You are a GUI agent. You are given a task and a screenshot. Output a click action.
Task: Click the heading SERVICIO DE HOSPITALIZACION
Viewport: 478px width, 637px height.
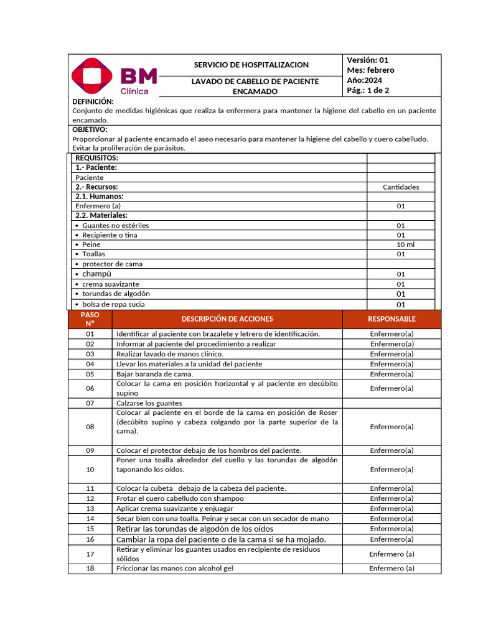(251, 65)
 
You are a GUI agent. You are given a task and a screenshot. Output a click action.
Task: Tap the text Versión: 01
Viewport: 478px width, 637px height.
(367, 60)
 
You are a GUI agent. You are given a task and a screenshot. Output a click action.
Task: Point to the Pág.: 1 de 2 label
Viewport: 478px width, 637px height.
(368, 90)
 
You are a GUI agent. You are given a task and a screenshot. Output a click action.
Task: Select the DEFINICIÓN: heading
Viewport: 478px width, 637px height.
(93, 101)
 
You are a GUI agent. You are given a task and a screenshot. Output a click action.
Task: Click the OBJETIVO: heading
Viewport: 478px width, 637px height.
(90, 129)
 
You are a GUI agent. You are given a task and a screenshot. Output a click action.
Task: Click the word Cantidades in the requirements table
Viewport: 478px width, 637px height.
(400, 187)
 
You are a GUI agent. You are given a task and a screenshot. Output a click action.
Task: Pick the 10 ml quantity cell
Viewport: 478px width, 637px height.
(400, 244)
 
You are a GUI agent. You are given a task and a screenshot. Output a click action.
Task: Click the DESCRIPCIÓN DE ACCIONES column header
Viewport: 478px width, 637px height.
(227, 319)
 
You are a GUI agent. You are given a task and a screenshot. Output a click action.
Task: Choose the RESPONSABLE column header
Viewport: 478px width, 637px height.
(391, 319)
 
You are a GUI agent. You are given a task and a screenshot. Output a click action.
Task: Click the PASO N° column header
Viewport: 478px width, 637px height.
(90, 319)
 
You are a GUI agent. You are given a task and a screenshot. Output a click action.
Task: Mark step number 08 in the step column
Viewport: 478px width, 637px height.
(90, 427)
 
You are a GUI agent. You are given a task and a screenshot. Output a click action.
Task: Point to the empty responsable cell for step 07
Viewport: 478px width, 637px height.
(391, 403)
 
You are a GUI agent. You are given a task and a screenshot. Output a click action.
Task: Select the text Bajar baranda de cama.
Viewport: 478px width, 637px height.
(154, 374)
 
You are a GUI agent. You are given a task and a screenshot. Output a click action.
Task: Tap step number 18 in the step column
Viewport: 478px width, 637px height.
(90, 568)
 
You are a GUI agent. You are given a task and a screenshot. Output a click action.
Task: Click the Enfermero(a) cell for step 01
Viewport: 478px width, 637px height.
(391, 334)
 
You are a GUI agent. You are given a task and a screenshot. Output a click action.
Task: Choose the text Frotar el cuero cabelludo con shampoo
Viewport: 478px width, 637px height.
(180, 498)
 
